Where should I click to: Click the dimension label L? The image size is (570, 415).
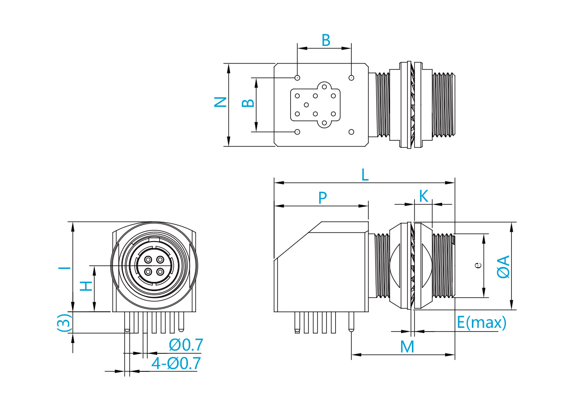pos(365,175)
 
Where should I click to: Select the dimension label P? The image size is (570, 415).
pos(322,198)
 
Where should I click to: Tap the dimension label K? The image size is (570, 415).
pos(423,196)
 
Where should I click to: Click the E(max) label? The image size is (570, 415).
pos(481,323)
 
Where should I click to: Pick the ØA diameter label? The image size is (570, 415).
pos(503,266)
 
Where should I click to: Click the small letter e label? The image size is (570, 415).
pos(478,265)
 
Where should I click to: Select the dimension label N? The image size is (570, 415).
pos(220,102)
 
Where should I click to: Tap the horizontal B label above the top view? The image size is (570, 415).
pos(326,40)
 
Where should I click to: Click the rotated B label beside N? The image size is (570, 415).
pos(248,103)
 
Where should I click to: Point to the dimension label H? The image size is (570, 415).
pos(86,286)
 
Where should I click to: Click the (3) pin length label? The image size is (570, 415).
pos(63,323)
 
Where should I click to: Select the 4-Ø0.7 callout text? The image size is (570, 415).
pos(176,363)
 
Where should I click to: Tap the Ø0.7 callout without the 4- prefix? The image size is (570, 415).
pos(186,345)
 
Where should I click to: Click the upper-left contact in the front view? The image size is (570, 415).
pos(148,260)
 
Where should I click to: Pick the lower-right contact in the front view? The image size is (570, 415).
pos(160,272)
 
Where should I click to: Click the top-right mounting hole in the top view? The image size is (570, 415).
pos(351,78)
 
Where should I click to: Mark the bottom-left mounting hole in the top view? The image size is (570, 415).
pos(297,132)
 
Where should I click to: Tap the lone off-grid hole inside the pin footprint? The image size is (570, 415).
pos(306,105)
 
